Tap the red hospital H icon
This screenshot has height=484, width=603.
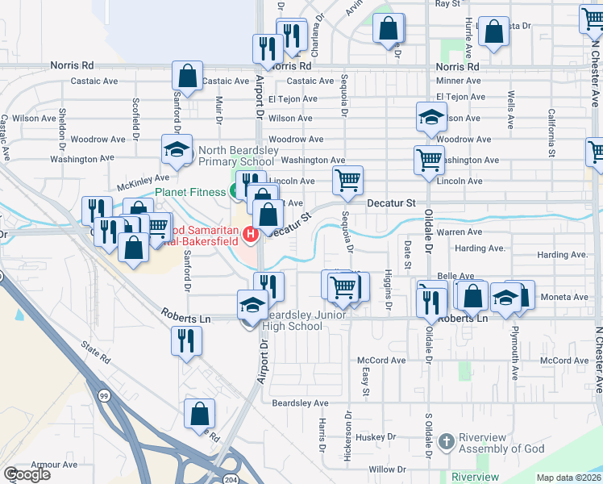(251, 234)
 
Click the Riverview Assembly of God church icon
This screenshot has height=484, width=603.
(446, 441)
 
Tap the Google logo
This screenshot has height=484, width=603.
(26, 474)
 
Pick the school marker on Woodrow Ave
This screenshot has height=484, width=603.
(431, 118)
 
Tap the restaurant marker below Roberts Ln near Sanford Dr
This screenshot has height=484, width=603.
(186, 340)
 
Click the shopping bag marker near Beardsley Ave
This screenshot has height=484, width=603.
(199, 415)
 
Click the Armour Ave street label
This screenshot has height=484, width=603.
(53, 465)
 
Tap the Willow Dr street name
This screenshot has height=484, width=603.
(381, 469)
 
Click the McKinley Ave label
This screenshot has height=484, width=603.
(145, 177)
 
